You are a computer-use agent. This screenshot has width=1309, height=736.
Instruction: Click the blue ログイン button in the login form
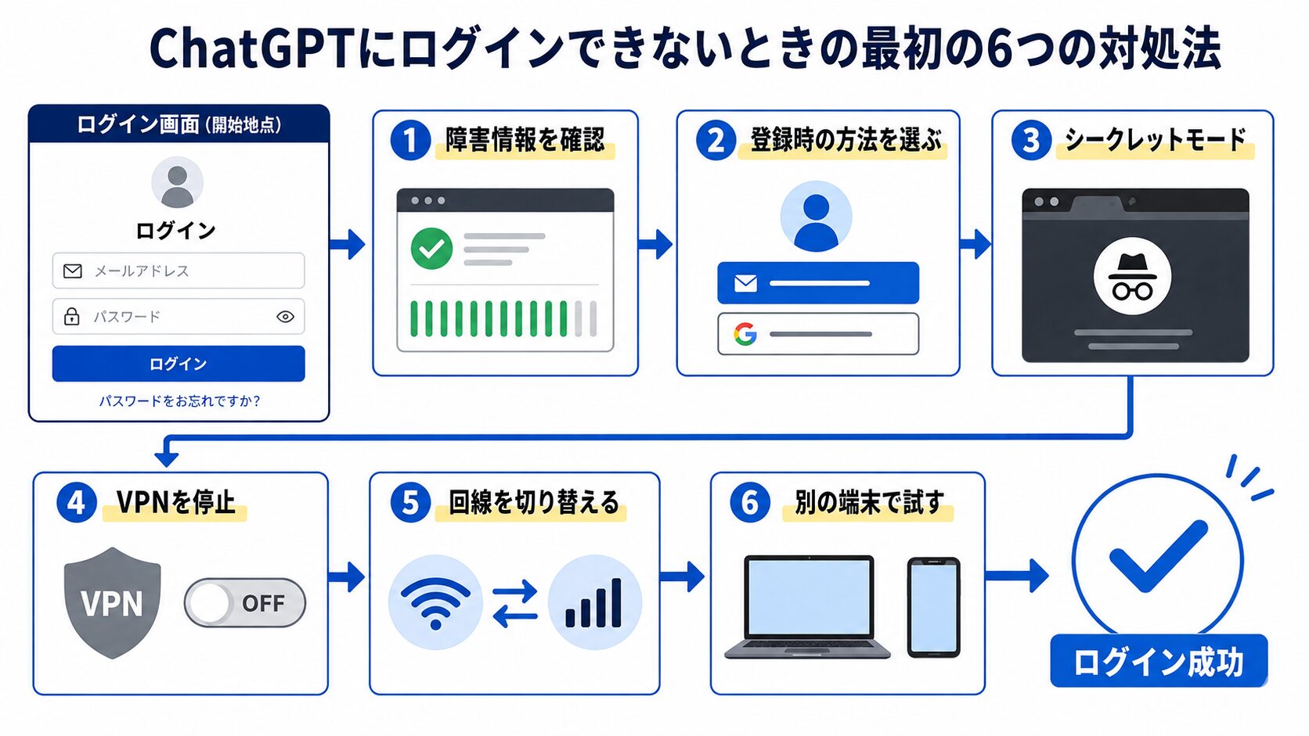coord(178,364)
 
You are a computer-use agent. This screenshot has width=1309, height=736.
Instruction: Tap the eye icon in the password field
coord(285,317)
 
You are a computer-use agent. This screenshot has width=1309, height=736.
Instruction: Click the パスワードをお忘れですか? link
coord(179,401)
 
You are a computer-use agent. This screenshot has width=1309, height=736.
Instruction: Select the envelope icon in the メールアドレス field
coord(73,271)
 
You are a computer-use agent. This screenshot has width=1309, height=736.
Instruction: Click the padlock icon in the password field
coord(72,316)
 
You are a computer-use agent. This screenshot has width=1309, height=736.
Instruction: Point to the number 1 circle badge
coord(410,140)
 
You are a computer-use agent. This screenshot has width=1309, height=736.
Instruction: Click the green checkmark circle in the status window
coord(432,248)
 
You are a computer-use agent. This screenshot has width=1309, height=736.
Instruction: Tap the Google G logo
coord(745,334)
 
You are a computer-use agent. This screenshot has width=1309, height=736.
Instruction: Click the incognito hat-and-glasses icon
coord(1132,276)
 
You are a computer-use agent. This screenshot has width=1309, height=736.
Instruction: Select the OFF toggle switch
coord(245,603)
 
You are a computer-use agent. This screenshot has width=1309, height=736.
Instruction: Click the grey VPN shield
coord(112,602)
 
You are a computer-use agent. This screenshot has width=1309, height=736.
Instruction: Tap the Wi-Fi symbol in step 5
coord(435,603)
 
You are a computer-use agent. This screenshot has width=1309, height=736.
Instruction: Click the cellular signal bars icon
coord(593,603)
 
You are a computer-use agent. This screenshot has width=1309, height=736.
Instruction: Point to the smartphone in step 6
coord(933,608)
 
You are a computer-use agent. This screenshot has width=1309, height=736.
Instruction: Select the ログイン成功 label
coord(1159,661)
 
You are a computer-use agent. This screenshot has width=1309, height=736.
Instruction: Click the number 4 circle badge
coord(77,503)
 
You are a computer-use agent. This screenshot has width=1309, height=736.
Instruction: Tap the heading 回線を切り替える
coord(533,503)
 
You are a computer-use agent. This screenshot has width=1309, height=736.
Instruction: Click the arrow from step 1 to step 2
coord(655,244)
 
